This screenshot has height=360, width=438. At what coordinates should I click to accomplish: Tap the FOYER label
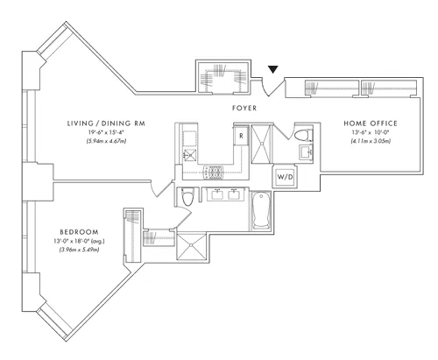click(244, 109)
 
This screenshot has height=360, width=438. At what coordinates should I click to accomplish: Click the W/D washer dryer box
click(286, 178)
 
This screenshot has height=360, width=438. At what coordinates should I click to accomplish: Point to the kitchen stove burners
click(214, 172)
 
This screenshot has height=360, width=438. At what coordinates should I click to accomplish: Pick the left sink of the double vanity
click(217, 194)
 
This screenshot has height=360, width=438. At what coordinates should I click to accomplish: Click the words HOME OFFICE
click(372, 124)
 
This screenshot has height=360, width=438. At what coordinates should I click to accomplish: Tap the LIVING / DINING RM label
click(107, 124)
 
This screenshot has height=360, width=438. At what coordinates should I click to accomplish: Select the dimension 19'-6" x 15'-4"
click(108, 132)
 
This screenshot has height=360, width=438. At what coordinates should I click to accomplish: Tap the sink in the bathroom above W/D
click(306, 154)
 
